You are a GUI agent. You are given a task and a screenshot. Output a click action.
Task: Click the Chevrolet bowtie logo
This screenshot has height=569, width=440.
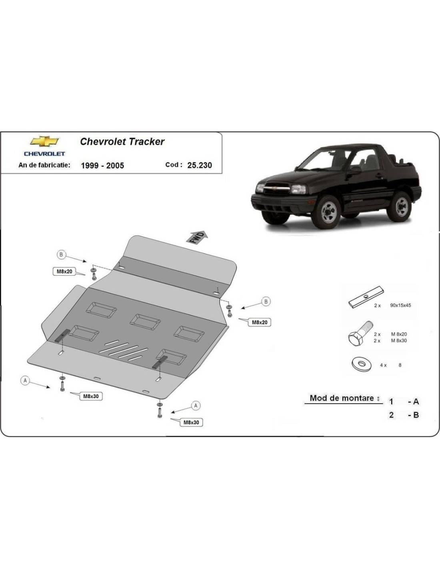pos(44,142)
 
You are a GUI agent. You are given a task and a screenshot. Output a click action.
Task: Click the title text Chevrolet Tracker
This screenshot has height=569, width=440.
pos(122,142)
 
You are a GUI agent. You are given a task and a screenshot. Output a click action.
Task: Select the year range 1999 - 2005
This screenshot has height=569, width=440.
pos(102,166)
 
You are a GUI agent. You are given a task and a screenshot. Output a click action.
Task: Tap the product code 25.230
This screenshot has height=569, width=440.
pos(200,165)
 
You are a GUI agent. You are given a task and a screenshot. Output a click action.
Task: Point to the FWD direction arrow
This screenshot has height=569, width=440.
pos(197,237)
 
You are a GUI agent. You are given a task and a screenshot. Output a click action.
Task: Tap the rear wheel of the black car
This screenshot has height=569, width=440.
pos(401,207)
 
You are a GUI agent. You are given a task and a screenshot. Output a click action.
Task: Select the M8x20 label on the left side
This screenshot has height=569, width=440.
pos(64,272)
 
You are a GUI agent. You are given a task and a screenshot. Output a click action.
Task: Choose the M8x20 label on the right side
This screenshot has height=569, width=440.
pos(259,323)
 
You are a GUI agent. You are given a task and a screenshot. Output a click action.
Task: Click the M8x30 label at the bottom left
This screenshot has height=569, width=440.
pos(91,396)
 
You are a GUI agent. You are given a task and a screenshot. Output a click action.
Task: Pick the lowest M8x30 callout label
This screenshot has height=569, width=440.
pos(191,423)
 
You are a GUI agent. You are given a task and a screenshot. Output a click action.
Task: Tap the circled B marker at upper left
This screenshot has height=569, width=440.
pos(61,254)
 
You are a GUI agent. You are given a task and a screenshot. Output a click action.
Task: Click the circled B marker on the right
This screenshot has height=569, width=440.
pos(266,301)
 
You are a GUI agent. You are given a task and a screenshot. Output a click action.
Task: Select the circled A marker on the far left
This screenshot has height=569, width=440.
pos(25,381)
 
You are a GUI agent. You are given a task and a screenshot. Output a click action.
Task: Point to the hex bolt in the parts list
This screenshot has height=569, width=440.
pos(360,334)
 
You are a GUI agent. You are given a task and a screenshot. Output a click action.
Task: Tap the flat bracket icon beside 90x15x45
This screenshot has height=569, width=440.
pos(366,297)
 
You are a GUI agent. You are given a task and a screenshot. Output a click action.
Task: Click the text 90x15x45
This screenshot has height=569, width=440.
pos(400,305)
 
